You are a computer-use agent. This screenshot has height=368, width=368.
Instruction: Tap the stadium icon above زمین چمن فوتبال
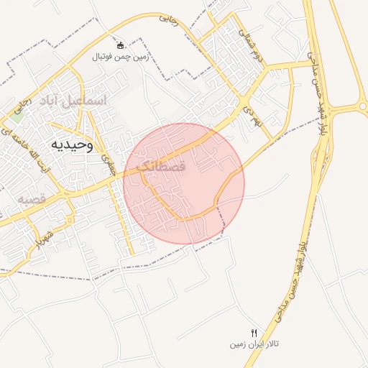(120, 45)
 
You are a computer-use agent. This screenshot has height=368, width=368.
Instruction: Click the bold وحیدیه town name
(72, 144)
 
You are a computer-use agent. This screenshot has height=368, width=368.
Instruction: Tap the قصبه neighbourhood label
(32, 198)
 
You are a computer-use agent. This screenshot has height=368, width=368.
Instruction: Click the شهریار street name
(45, 236)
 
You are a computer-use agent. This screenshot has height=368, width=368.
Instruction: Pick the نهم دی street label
(249, 114)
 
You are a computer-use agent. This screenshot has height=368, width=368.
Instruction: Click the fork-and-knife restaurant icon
(253, 333)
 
